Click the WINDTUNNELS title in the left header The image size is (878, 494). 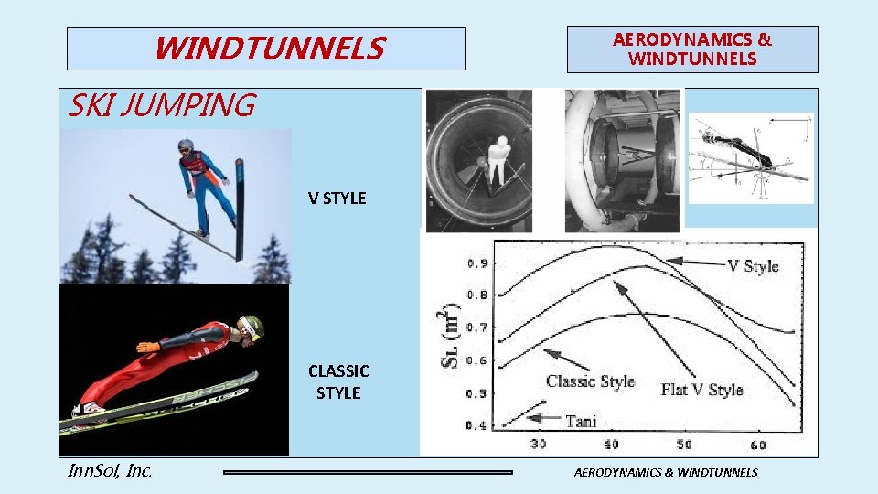click(269, 48)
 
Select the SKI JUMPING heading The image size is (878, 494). click(162, 106)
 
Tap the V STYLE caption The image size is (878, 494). click(337, 198)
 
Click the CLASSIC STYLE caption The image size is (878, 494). click(338, 381)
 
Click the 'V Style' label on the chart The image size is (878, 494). click(753, 266)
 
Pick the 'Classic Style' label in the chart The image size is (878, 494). click(590, 381)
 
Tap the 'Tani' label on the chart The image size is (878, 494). click(581, 421)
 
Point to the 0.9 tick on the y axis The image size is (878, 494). click(476, 263)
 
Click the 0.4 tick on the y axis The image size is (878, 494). click(476, 425)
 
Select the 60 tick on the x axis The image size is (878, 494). click(758, 445)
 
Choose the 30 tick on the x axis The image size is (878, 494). click(539, 445)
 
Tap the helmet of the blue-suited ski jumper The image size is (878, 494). click(187, 145)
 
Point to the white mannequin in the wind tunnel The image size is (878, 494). click(498, 158)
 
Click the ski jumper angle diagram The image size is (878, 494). click(750, 157)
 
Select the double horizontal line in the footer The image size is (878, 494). click(369, 472)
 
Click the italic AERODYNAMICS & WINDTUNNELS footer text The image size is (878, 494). click(666, 472)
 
